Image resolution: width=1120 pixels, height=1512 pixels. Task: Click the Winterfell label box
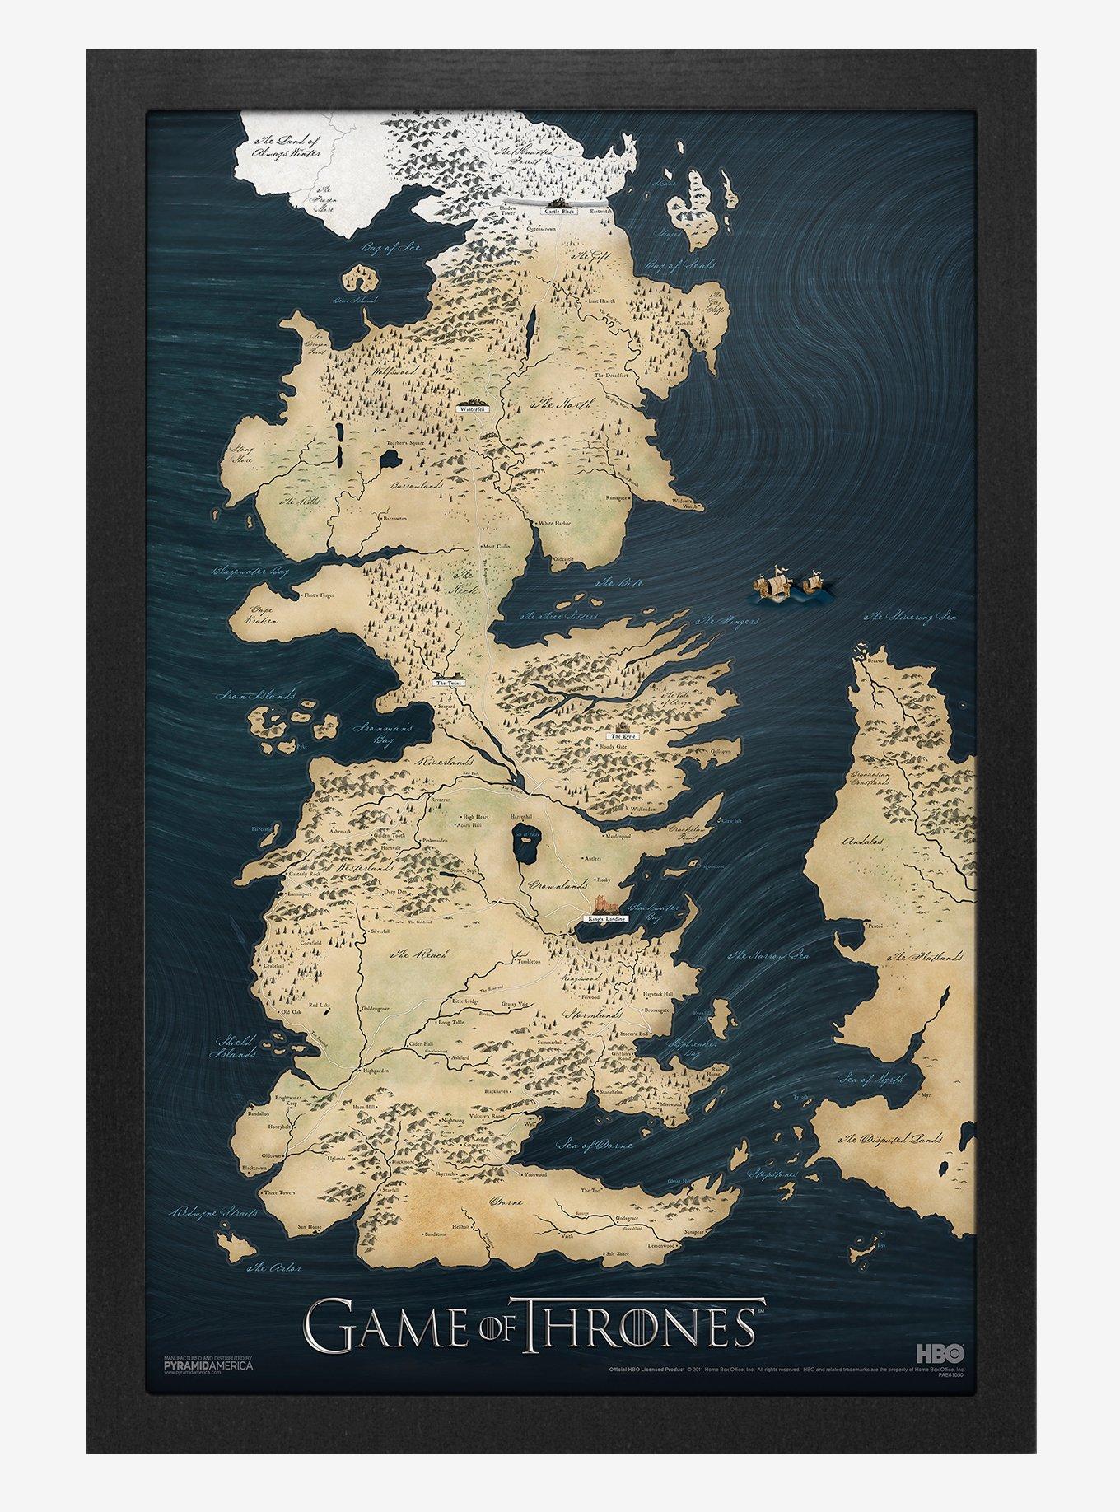click(x=474, y=408)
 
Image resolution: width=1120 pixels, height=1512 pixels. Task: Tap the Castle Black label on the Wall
click(x=559, y=212)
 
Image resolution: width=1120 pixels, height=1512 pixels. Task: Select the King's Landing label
click(x=608, y=917)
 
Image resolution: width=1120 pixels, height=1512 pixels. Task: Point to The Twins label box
click(x=450, y=683)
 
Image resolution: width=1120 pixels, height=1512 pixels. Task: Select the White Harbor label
click(x=554, y=523)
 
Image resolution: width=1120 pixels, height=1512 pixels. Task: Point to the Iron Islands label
click(x=256, y=696)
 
